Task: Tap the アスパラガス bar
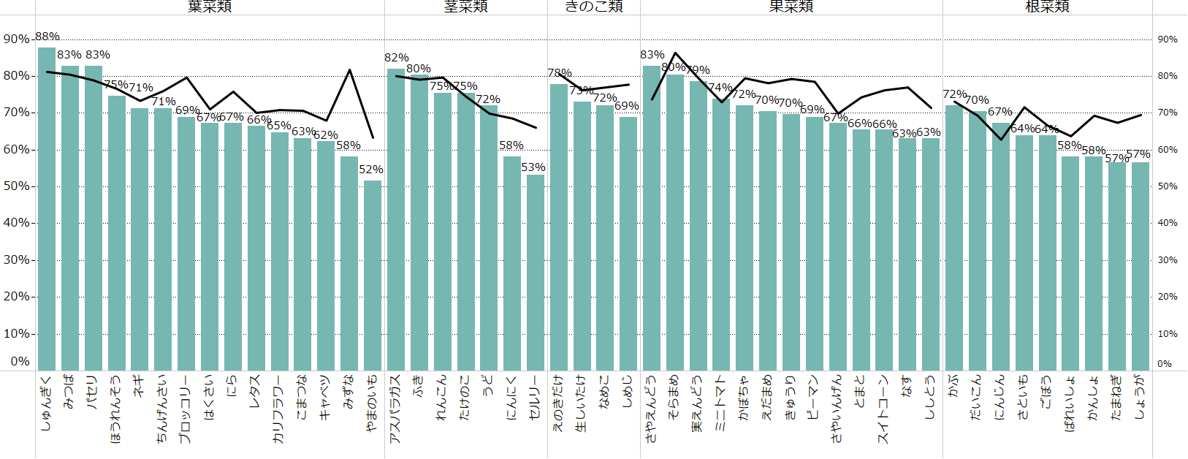tap(396, 219)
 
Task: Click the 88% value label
tap(47, 37)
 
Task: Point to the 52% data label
tap(371, 170)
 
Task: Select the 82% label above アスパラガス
tap(397, 58)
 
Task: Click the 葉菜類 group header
tap(210, 7)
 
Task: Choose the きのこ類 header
tap(594, 7)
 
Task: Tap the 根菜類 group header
tap(1047, 7)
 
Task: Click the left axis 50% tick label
tap(16, 186)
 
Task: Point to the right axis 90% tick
tap(1168, 39)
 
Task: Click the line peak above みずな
tap(349, 70)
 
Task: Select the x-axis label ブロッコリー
tap(185, 409)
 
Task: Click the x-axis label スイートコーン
tap(884, 409)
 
